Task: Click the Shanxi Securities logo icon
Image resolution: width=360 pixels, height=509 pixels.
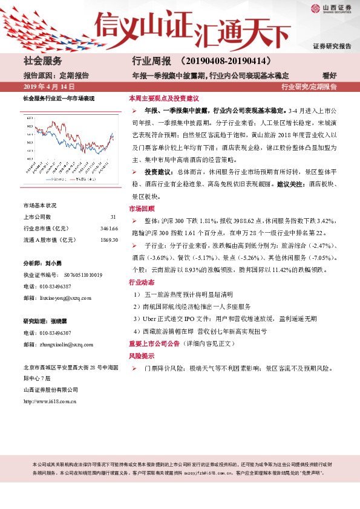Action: (x=315, y=7)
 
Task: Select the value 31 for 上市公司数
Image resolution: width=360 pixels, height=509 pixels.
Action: (x=113, y=216)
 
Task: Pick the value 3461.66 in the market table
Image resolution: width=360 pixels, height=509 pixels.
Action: (x=109, y=228)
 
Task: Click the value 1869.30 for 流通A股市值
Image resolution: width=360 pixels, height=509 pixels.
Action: (x=109, y=240)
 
